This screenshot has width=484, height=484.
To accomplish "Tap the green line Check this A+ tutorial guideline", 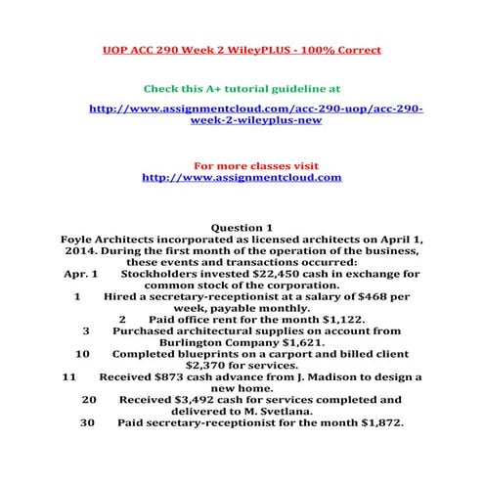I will (x=242, y=87).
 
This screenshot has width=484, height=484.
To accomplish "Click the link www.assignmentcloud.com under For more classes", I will (x=242, y=177).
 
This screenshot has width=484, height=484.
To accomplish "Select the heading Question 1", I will (x=242, y=228).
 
